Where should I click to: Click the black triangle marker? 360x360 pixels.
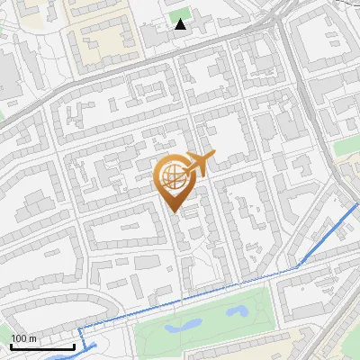181,24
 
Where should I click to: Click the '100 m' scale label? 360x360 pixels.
23,337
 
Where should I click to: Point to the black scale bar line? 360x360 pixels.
42,346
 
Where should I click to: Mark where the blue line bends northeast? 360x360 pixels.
298,267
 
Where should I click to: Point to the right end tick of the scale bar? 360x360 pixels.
74,345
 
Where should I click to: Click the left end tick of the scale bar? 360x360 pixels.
11,345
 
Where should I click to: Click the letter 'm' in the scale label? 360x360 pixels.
33,337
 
